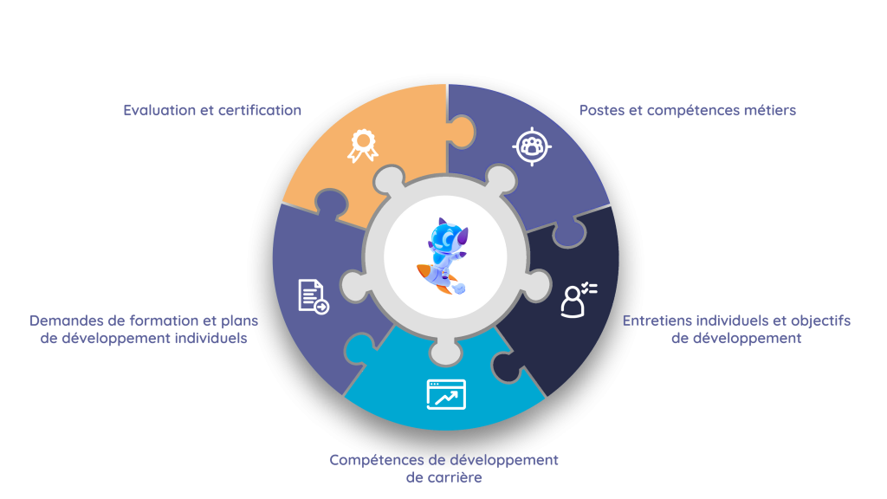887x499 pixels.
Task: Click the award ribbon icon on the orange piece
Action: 363,146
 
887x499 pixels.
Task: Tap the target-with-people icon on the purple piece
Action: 532,146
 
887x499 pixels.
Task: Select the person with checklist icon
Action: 579,300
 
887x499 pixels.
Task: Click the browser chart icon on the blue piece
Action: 446,394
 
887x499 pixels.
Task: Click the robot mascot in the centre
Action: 446,256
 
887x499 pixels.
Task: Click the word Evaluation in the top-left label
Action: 159,110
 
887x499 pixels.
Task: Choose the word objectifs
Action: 821,321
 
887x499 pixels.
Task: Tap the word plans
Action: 239,321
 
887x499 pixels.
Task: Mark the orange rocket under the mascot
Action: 436,279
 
